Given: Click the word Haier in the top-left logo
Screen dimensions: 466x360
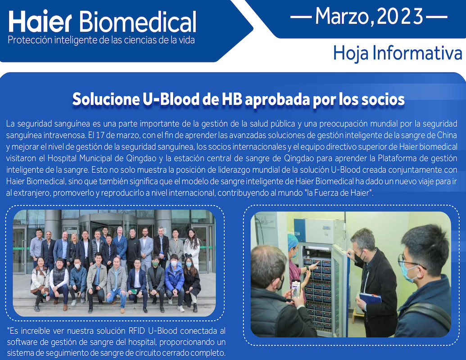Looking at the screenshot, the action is (x=40, y=22).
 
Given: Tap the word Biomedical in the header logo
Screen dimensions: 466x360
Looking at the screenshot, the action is (x=138, y=22).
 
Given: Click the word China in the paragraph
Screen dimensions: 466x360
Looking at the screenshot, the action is (x=447, y=135).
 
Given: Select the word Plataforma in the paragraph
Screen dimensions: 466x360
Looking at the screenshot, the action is (x=396, y=158).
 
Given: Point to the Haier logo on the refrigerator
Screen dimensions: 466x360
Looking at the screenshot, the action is (x=326, y=227).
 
